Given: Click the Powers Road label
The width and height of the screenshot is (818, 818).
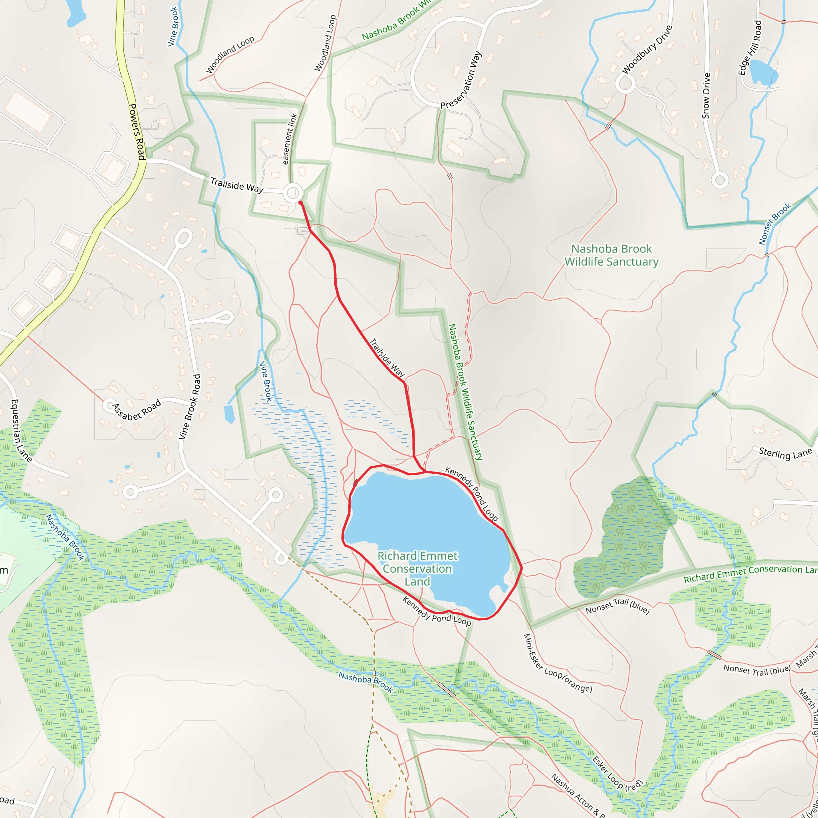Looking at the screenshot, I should pos(137,132).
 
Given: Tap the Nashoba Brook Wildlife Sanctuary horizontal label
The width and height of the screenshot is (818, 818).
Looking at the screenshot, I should pos(612,255).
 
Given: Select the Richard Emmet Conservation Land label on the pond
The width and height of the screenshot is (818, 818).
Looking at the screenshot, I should pos(417,569).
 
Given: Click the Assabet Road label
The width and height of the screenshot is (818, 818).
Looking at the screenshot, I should pos(136,410).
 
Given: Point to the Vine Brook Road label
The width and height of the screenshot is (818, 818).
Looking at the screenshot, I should pos(189,407).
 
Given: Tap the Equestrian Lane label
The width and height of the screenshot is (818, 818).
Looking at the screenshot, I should pos(21,430).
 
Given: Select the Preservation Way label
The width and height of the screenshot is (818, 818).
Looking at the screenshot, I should pos(461,80).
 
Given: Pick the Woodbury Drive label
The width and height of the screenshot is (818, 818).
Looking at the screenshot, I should pos(647,50).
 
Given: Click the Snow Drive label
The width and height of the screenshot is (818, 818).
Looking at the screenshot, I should pos(706,96).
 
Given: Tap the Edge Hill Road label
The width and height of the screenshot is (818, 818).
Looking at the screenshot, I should pos(750,48).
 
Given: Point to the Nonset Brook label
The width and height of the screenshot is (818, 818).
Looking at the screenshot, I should pos(774,224).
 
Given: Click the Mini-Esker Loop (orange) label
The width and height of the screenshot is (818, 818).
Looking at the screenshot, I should pos(557,663).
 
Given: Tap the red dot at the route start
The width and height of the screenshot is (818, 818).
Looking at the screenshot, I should pos(301,203).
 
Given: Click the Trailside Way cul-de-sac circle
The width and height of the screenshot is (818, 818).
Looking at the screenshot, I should pos(292,193).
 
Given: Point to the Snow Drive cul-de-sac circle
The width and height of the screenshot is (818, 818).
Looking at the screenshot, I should pos(719,181).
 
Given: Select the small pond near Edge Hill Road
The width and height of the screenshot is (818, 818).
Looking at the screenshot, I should pos(763,72).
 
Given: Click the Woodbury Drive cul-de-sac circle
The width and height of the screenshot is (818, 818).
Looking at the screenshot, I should pos(625,84).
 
